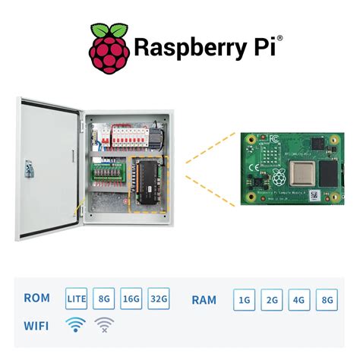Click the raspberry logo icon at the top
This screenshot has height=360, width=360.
coord(109,49)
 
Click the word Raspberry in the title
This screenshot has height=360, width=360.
coord(190,48)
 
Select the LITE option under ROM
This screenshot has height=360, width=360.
coord(77,299)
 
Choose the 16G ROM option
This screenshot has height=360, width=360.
coord(131,299)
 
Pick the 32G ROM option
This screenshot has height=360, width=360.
coord(159,299)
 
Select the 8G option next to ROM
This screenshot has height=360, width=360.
coord(104,299)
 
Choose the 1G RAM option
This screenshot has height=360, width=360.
coord(245,300)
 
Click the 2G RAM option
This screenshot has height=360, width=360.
coord(272,300)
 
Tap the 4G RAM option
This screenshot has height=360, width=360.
coord(299,300)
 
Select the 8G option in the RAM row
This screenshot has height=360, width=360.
coord(327,300)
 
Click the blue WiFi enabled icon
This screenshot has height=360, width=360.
coord(75,326)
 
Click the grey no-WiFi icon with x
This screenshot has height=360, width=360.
coord(103,326)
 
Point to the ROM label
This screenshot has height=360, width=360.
coord(37,299)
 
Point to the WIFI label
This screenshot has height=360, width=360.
coord(37,326)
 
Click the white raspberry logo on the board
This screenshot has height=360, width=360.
coord(279,178)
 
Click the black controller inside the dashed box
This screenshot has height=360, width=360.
coord(149,182)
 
